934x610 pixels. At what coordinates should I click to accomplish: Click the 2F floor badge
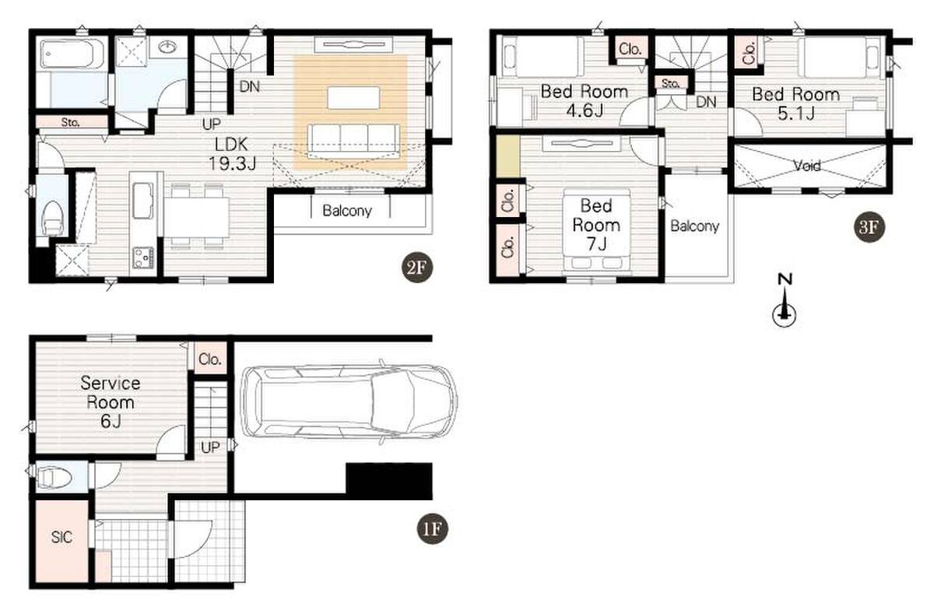coord(417,267)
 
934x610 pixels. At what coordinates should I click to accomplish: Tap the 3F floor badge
coord(869,227)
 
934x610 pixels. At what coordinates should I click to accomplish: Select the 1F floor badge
coord(432,529)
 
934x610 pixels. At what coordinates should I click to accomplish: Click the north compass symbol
coord(785,300)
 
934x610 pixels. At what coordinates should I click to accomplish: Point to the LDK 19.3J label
coord(232,154)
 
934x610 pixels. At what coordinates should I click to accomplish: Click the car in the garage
coord(349,401)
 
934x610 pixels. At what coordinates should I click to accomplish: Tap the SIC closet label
coord(61,537)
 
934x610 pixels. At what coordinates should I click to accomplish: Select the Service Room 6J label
coord(110,402)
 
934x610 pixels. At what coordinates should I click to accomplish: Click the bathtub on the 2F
coord(72,54)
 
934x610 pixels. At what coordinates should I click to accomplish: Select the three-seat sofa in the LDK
coord(353,141)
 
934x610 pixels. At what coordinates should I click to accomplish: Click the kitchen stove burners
coord(143,258)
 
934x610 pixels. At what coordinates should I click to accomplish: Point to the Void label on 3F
coord(807,166)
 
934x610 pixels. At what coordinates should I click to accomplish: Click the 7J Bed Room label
coord(596,225)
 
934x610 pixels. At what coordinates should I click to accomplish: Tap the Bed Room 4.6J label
coord(585,100)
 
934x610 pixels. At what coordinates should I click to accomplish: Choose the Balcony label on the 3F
coord(694,226)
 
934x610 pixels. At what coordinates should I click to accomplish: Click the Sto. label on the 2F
coord(70,122)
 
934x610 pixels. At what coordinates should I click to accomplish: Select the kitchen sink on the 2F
coord(142,201)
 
